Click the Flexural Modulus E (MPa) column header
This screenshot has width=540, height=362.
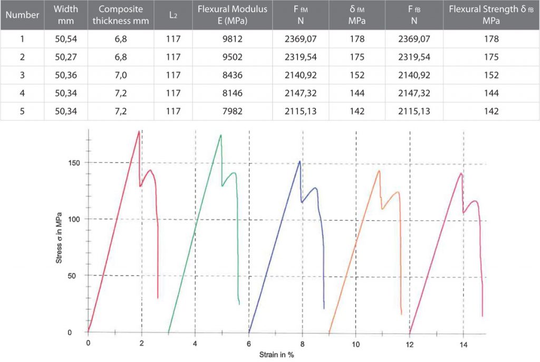coord(232,15)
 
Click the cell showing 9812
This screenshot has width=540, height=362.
coord(232,39)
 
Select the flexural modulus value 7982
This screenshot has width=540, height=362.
coord(232,111)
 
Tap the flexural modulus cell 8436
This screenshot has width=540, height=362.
coord(232,75)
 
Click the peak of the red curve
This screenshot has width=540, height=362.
coord(139,131)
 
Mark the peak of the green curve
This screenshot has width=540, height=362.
coord(220,135)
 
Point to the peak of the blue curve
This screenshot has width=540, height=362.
coord(300,161)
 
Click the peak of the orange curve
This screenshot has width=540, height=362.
coord(379,170)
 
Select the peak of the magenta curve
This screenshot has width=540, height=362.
coord(461,173)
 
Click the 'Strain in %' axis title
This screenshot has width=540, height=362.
coord(276,355)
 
